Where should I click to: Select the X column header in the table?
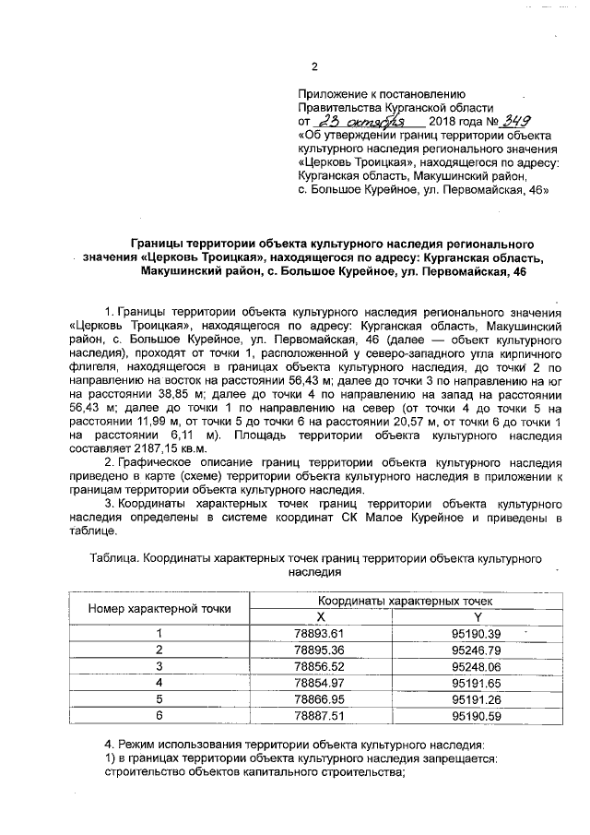(321, 616)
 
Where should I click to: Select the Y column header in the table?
(477, 616)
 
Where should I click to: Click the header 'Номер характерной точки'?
(159, 609)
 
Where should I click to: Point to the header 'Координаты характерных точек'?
(398, 601)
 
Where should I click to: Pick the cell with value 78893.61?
(320, 633)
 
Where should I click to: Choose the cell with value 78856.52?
(320, 665)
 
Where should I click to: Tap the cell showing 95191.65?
(477, 682)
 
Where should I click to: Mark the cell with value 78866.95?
(320, 698)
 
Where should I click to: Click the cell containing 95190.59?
(477, 715)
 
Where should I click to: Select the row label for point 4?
(159, 682)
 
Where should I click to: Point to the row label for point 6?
(159, 715)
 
